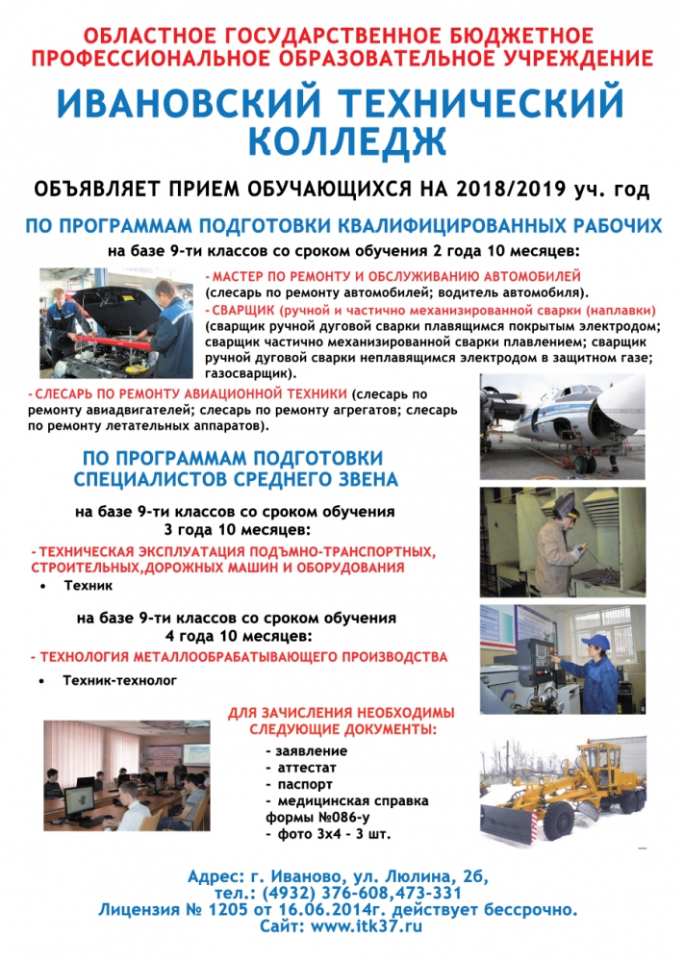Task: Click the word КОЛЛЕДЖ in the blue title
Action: (x=347, y=141)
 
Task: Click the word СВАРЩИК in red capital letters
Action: (x=243, y=312)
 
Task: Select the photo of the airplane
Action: (x=562, y=426)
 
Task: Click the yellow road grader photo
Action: (x=562, y=791)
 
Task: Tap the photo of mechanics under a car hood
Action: (x=116, y=324)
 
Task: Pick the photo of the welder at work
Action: (x=562, y=541)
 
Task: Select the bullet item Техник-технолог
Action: (x=120, y=680)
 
